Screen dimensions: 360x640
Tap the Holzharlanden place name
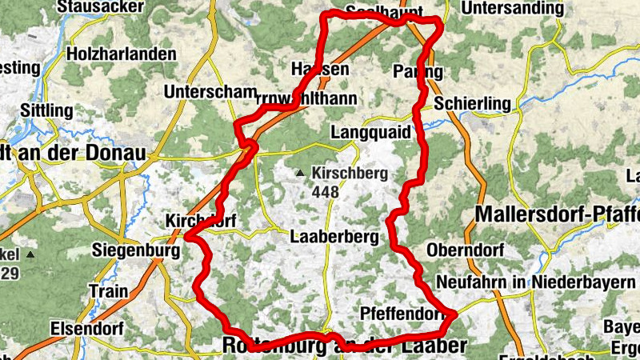pos(122,54)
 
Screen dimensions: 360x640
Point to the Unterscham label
pos(210,92)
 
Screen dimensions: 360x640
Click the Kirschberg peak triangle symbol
pos(300,173)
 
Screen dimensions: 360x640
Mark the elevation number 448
pos(326,193)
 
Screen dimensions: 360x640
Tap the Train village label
pos(109,290)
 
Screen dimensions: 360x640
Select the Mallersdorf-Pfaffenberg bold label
pos(557,214)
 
